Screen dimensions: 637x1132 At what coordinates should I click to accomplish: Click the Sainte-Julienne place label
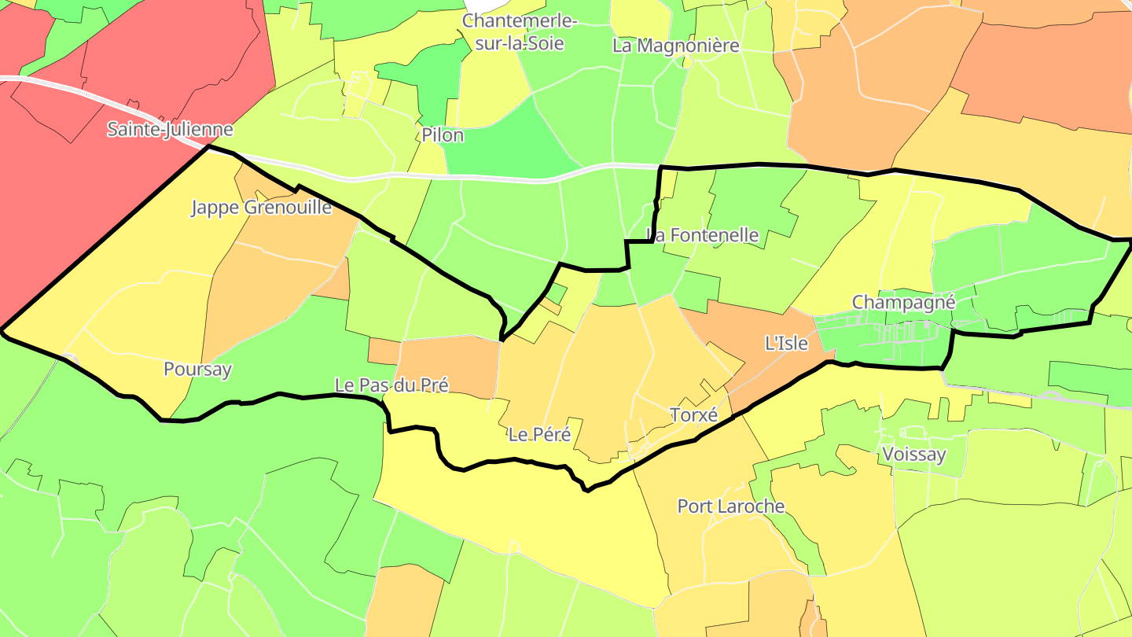170,130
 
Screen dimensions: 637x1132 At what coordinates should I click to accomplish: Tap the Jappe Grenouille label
261,208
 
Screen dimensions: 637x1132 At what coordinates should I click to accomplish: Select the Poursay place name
197,369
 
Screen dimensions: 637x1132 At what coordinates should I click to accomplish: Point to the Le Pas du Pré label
391,385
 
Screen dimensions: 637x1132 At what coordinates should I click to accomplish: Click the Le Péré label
538,434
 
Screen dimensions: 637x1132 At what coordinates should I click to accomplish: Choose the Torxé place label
693,414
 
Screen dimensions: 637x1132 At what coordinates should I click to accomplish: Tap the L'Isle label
786,343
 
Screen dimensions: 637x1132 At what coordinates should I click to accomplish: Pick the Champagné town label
903,302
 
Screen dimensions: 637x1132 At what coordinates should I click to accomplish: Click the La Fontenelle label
702,235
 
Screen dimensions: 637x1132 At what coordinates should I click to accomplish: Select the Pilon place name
443,135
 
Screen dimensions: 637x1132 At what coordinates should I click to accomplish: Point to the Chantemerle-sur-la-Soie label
520,31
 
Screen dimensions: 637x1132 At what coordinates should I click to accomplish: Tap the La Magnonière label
676,46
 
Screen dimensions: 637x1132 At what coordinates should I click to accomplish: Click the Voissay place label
913,454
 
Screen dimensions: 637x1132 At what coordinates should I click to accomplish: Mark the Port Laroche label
731,506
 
